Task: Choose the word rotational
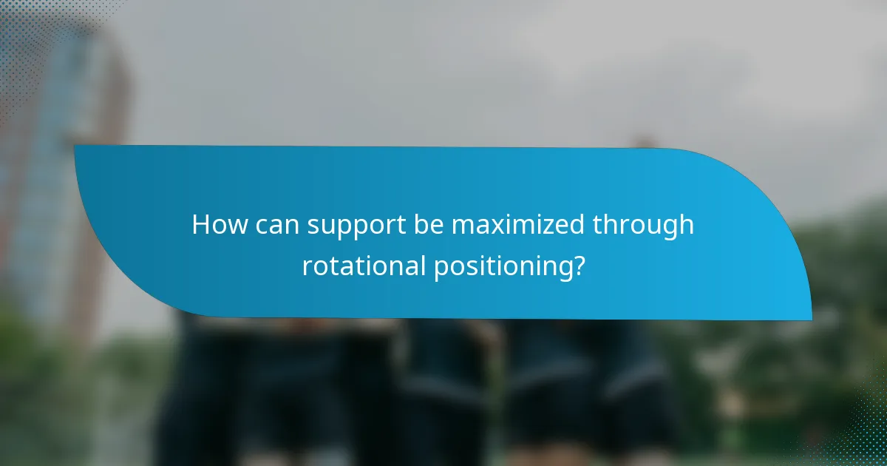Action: [x=364, y=266]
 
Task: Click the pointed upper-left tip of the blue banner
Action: [x=76, y=146]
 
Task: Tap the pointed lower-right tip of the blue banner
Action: [x=810, y=319]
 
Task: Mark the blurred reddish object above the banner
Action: [x=642, y=141]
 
